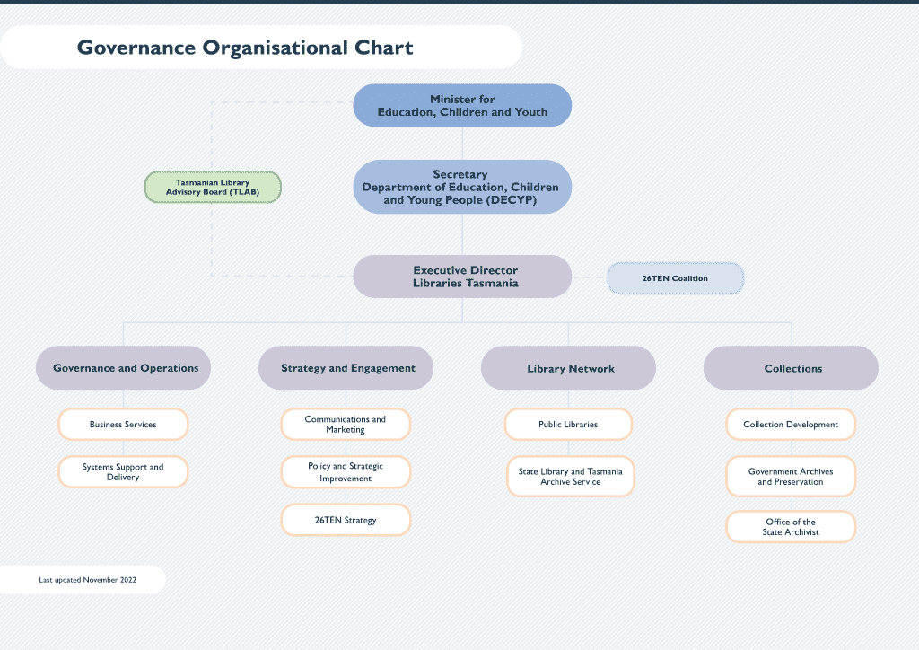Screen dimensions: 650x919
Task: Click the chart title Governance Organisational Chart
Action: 245,48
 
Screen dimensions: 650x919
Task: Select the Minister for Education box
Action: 462,105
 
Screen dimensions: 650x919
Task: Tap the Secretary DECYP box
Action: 462,187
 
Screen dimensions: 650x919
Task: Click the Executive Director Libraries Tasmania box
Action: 462,276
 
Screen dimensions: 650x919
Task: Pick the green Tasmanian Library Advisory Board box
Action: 213,187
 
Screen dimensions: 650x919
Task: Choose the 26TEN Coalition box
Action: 675,278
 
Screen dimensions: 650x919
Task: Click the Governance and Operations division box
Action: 124,368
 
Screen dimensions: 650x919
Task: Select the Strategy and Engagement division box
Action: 346,368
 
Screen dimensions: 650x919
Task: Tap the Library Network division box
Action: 569,368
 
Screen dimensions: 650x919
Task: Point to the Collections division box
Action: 792,368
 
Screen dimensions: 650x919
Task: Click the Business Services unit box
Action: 123,425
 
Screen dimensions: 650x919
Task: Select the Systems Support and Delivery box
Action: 123,472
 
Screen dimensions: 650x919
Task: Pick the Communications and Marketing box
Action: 346,425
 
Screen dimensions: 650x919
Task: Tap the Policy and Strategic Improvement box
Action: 346,472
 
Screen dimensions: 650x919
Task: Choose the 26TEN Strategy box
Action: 346,520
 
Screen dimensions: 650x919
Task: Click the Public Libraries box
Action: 568,425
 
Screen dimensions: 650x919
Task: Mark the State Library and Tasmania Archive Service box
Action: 570,477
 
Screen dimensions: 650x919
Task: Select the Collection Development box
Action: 791,425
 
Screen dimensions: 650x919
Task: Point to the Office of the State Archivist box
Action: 791,527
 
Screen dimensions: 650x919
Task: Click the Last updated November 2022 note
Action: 87,580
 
